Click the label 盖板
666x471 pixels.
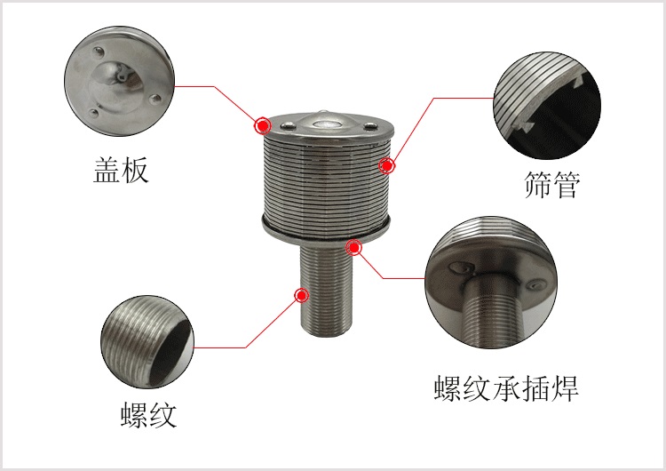(121, 170)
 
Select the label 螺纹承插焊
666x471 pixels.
(506, 388)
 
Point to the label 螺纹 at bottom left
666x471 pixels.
(149, 414)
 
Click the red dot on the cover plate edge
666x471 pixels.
(263, 125)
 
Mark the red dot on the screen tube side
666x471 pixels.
(387, 164)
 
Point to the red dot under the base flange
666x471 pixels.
(355, 247)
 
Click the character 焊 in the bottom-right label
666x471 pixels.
(565, 388)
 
